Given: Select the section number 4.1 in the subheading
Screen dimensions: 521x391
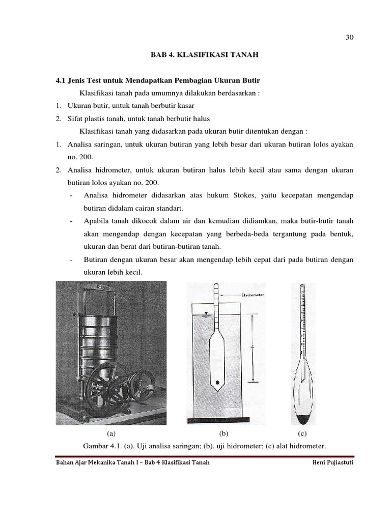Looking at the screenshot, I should (61, 81).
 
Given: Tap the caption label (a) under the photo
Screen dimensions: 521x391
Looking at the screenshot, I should (111, 433).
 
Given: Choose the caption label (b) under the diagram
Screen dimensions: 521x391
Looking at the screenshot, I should (223, 433).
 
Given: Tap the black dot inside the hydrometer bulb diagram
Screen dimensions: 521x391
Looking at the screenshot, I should (218, 382).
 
